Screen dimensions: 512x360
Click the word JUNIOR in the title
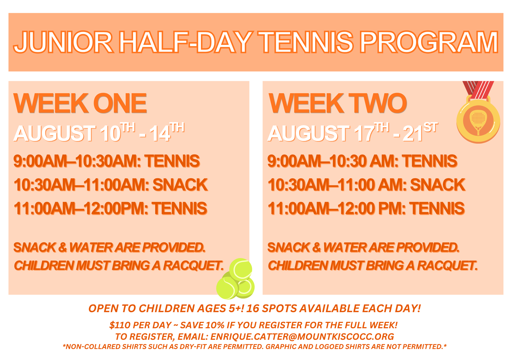[63, 42]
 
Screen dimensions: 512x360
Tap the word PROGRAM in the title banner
[429, 42]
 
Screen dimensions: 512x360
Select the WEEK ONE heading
[80, 103]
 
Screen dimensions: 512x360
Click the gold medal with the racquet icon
[478, 120]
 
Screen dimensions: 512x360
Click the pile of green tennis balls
[236, 279]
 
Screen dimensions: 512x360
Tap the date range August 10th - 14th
[99, 133]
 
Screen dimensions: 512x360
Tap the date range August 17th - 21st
[353, 133]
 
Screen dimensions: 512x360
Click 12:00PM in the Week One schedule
[115, 209]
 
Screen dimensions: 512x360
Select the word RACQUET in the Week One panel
[193, 266]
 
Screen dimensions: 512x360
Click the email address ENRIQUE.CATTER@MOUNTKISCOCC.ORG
[302, 337]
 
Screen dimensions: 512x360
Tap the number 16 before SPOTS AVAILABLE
[252, 308]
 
